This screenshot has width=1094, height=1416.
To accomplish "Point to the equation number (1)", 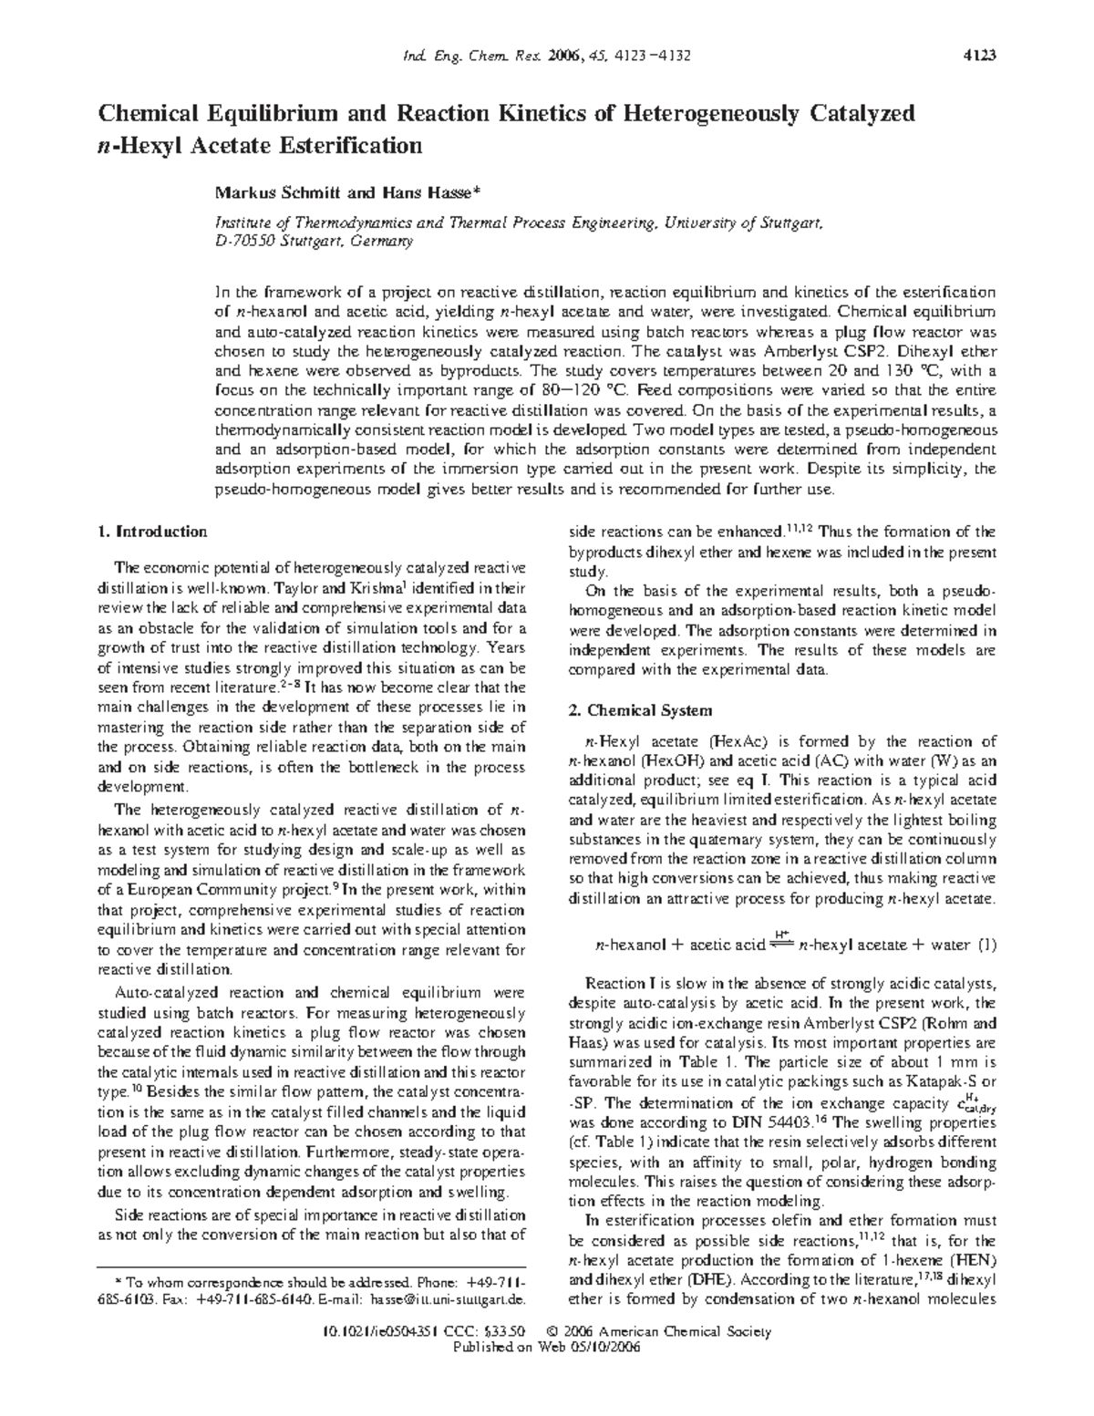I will (x=986, y=946).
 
